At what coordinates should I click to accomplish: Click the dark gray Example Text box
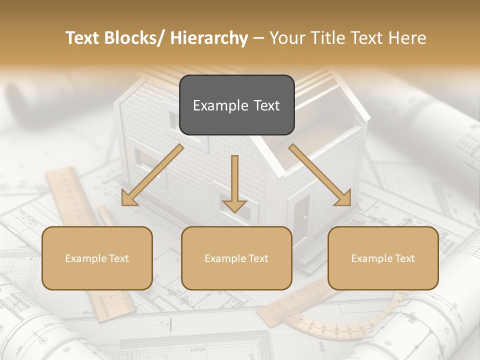(x=236, y=105)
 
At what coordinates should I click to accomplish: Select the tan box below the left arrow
(x=97, y=258)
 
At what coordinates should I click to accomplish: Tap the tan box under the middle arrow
(x=236, y=258)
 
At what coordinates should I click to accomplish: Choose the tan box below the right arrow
(x=383, y=258)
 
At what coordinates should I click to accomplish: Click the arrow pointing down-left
(x=152, y=175)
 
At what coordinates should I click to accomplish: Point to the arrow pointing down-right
(x=320, y=175)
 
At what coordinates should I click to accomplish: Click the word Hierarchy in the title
(x=209, y=38)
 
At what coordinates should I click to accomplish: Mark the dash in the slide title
(x=259, y=38)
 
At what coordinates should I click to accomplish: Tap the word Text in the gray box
(x=265, y=105)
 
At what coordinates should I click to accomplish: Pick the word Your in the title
(x=286, y=38)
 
